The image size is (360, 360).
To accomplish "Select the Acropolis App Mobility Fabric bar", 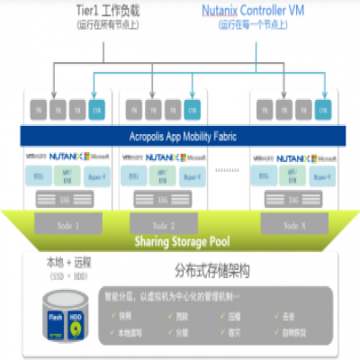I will tap(180, 136).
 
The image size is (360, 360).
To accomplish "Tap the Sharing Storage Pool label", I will tap(180, 242).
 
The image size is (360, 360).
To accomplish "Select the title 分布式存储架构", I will tap(220, 270).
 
